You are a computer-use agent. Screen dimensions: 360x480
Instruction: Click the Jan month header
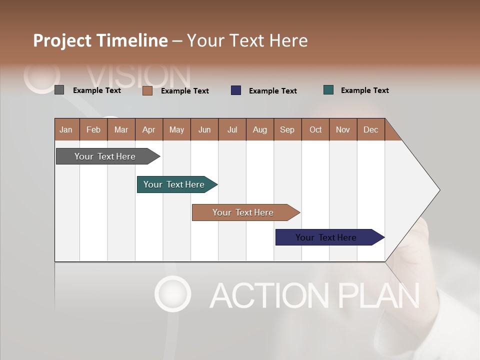66,129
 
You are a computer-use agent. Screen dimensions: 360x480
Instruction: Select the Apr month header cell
149,129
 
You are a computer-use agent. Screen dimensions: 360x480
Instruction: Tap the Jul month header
232,129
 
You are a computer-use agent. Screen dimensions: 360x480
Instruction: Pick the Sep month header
287,129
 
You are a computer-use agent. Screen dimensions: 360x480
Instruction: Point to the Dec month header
370,129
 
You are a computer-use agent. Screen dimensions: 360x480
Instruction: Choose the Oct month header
315,129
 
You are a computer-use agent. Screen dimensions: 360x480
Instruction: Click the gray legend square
59,90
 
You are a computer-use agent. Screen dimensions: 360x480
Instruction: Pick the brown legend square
147,90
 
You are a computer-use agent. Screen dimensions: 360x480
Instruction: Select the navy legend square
236,90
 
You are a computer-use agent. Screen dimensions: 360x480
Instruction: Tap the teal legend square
328,90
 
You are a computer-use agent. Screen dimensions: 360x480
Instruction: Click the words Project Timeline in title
100,40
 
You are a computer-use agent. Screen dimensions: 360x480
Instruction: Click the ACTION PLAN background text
314,295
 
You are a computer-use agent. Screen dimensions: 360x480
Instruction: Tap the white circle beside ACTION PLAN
172,293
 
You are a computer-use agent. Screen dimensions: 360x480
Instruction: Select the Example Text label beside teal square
364,90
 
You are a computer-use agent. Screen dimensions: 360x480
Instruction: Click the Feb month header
93,129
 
